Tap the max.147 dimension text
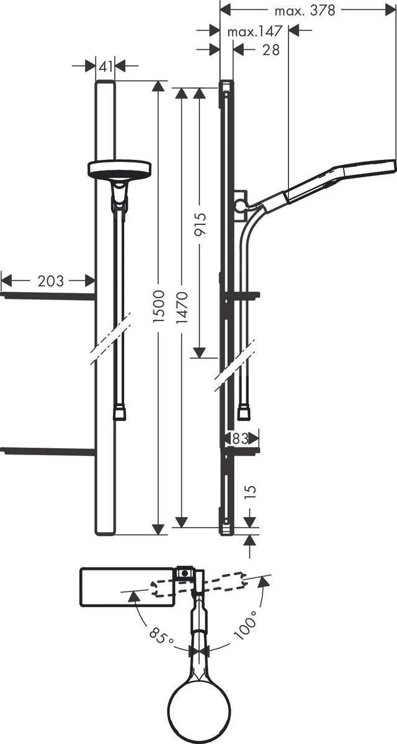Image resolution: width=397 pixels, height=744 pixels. (255, 31)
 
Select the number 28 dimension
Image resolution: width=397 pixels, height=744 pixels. (271, 50)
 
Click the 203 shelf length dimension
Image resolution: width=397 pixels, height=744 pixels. (50, 281)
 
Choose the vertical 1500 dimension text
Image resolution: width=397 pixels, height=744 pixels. (160, 305)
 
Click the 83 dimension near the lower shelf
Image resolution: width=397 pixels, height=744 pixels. (240, 438)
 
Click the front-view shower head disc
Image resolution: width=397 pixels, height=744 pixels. (120, 169)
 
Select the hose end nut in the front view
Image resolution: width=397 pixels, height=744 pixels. (120, 413)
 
